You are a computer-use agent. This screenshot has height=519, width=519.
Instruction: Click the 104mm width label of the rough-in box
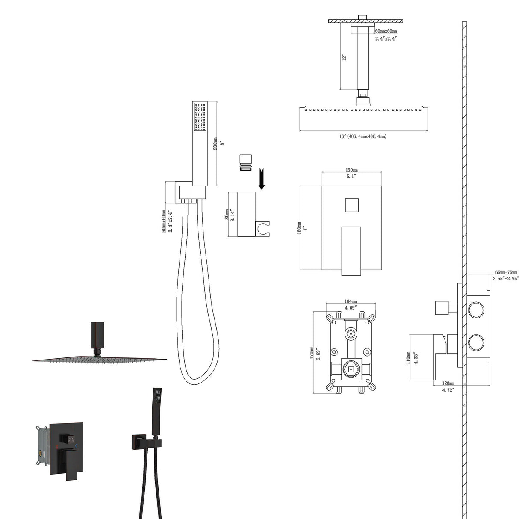click(x=351, y=301)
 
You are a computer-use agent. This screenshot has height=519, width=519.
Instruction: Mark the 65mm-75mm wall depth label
click(x=506, y=272)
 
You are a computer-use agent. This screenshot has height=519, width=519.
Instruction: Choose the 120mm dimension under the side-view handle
click(x=448, y=383)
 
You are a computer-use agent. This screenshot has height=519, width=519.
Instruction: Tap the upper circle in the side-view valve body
click(x=475, y=309)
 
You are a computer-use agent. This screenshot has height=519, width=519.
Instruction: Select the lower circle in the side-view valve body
click(x=475, y=342)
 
